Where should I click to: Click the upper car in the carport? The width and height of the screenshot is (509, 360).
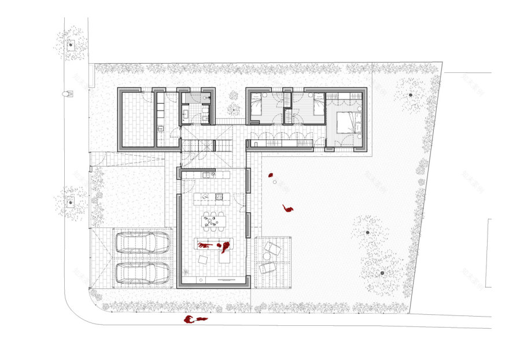click(x=142, y=243)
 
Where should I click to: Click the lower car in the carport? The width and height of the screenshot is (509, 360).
click(x=142, y=272)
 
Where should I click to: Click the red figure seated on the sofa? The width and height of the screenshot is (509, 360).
click(x=224, y=247)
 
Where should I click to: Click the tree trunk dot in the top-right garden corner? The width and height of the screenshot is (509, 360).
click(x=410, y=94)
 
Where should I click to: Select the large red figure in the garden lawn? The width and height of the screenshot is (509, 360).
click(x=287, y=208)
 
